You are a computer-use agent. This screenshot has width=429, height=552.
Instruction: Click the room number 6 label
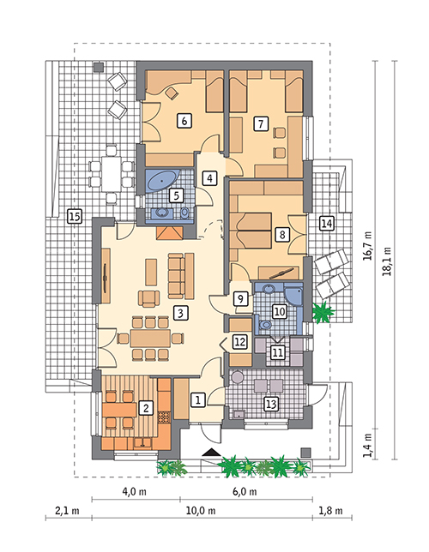tap(184, 121)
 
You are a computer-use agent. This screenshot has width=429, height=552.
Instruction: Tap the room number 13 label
tap(271, 404)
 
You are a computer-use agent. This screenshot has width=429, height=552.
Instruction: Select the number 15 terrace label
tap(75, 216)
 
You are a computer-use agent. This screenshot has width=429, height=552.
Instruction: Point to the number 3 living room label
tap(180, 312)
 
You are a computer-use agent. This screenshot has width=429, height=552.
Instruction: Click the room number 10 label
tap(279, 312)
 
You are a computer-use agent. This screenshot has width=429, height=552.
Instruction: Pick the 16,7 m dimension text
tap(368, 245)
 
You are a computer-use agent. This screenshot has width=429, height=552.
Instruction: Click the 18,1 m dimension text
tap(388, 261)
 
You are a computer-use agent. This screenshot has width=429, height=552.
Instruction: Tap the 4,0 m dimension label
tap(135, 491)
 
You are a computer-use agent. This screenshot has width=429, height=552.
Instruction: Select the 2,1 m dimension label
tap(67, 511)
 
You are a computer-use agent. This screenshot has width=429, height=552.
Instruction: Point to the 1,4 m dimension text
tap(368, 445)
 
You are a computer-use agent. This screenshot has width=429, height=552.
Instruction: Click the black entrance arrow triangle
tap(211, 453)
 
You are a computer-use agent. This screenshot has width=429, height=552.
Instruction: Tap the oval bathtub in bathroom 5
tap(162, 182)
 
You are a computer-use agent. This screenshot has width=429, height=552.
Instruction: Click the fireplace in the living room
tap(170, 233)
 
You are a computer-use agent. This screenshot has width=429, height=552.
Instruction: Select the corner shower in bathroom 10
tap(295, 296)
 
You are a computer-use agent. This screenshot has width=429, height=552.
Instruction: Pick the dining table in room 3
tap(150, 339)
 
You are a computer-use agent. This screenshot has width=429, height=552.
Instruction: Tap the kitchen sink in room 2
tap(142, 443)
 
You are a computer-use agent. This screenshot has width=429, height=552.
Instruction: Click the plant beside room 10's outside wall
tap(323, 312)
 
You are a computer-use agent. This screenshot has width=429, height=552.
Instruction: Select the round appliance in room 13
tap(237, 376)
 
